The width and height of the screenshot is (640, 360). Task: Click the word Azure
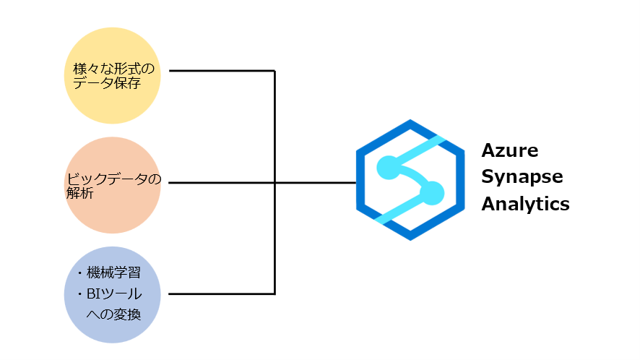(510, 152)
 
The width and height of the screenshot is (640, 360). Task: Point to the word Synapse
(522, 178)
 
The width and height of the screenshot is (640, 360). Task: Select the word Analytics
(525, 204)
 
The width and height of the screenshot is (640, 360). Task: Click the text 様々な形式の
(114, 69)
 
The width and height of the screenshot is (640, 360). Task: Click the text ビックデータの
(113, 179)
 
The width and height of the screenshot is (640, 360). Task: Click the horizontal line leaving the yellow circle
(220, 71)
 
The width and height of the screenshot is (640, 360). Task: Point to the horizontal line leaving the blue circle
(220, 293)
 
